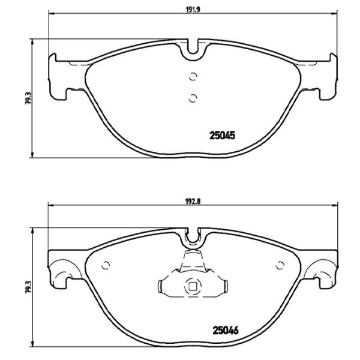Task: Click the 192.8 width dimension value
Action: click(x=193, y=202)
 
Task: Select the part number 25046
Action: click(x=225, y=329)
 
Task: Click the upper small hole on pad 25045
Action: click(x=193, y=76)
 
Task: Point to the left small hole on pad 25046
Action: click(x=106, y=266)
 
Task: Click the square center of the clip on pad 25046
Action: click(x=192, y=286)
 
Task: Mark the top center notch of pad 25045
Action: click(x=193, y=51)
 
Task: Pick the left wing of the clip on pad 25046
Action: click(x=167, y=286)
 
